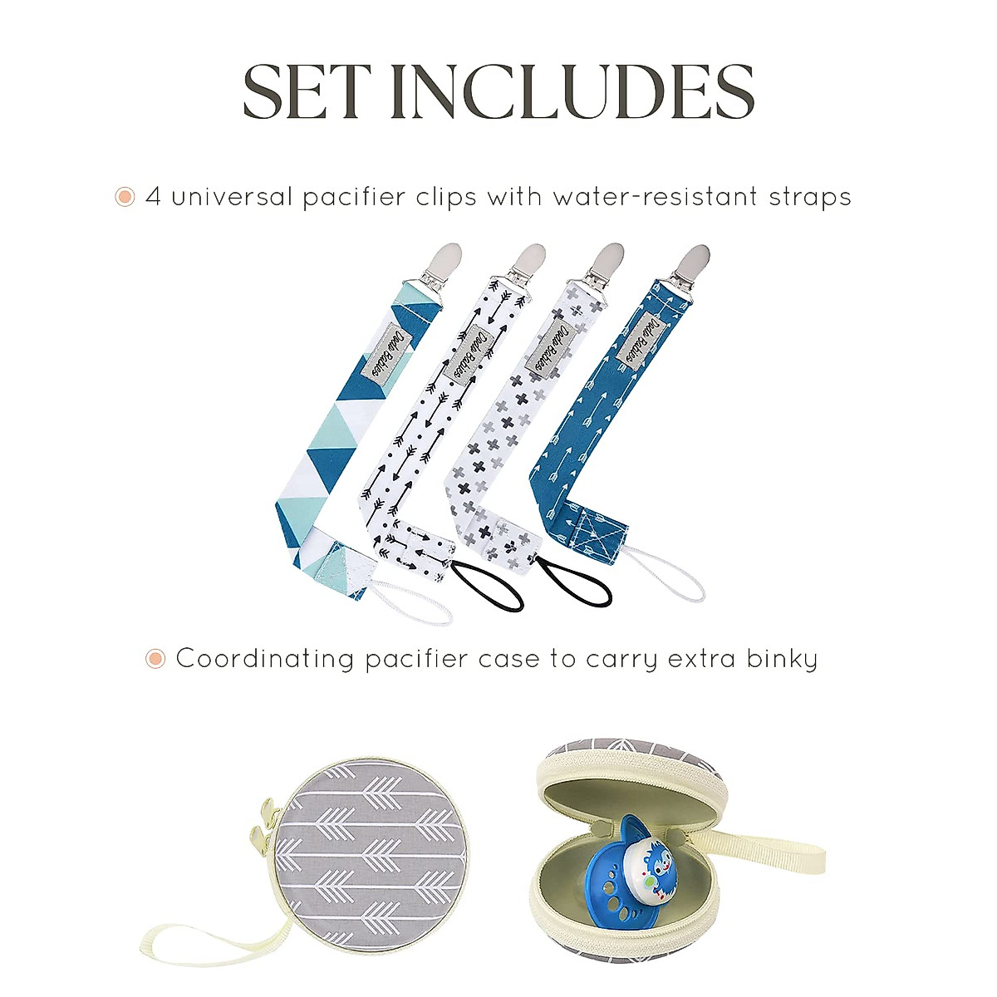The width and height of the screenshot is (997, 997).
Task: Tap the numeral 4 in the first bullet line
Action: point(153,198)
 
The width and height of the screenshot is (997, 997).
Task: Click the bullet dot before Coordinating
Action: point(155,660)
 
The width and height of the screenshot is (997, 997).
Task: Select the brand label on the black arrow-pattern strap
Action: point(469,357)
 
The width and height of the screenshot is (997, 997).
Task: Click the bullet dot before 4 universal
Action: point(125,198)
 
